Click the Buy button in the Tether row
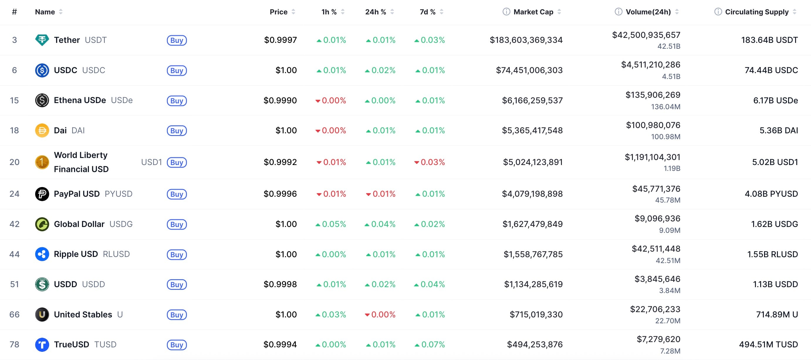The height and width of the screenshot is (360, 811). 177,40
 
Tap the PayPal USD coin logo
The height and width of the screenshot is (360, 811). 42,194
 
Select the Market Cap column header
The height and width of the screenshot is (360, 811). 533,12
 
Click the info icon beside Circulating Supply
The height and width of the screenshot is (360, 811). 718,12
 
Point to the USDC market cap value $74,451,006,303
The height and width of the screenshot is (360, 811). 529,70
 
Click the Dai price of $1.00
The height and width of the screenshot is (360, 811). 286,130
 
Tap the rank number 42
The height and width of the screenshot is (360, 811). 14,224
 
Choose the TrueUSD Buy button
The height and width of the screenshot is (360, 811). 177,344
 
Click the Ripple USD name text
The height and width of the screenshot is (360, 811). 76,254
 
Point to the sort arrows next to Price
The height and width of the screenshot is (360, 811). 293,12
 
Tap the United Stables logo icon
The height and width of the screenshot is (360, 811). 42,314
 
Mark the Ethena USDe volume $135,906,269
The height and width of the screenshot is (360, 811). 653,95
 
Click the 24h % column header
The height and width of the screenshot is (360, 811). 375,12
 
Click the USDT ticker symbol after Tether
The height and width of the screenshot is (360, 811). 96,40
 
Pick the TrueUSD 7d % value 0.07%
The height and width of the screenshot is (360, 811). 430,344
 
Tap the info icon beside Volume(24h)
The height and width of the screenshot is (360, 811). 618,12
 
